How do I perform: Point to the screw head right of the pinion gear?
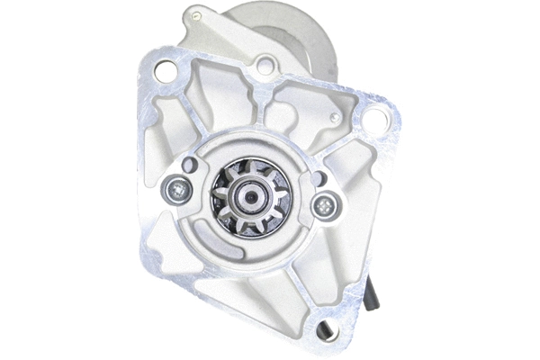(x=321, y=205)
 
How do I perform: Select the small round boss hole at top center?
(x=264, y=65)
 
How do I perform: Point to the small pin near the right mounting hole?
(x=335, y=118)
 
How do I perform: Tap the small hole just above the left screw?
(x=189, y=166)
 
